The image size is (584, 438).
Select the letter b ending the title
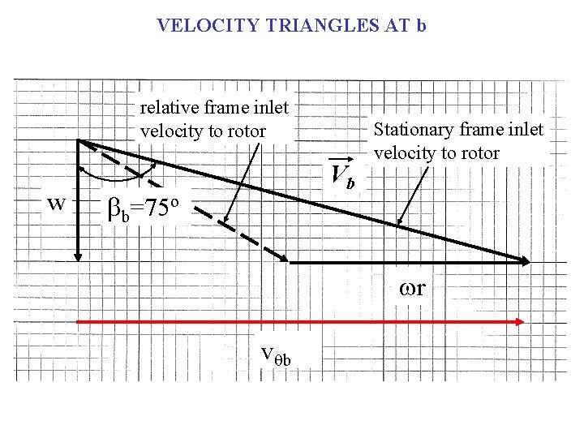(420, 26)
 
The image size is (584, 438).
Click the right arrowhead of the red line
(519, 322)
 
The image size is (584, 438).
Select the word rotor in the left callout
(246, 131)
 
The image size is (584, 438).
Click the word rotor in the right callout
(479, 152)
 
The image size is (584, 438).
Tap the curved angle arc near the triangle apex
(114, 176)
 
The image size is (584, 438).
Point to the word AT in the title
(396, 26)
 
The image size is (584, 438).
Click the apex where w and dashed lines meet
(79, 141)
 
